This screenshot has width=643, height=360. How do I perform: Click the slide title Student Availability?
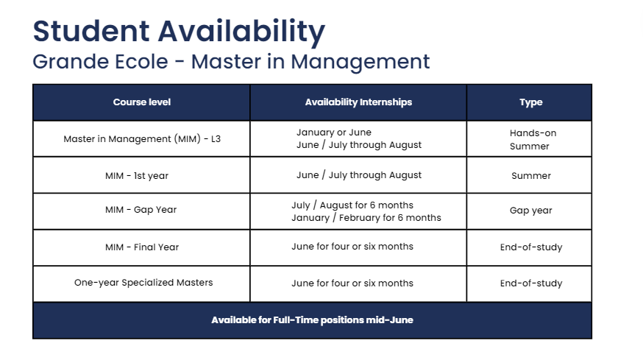tap(179, 32)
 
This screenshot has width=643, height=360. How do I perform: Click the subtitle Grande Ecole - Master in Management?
tap(231, 61)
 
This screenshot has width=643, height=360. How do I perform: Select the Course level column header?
tap(142, 102)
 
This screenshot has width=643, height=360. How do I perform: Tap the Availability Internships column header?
tap(358, 102)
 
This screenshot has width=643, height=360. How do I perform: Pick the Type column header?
tap(530, 102)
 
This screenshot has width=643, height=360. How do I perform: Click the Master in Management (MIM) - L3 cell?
tap(142, 138)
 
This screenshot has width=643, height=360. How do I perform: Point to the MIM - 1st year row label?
tap(142, 176)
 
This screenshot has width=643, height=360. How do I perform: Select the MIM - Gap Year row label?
tap(141, 210)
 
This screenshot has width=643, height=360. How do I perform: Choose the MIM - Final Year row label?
tap(142, 247)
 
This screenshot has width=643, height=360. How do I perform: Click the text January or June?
tap(334, 133)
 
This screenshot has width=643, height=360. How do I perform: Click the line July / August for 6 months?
tap(352, 205)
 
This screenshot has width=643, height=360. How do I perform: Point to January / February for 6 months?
tap(366, 218)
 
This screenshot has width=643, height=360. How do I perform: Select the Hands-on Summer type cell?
tap(530, 139)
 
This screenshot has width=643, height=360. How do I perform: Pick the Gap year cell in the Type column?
tap(530, 211)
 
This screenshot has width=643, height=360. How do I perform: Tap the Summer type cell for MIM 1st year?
tap(530, 176)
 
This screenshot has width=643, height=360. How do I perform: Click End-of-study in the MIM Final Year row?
tap(530, 247)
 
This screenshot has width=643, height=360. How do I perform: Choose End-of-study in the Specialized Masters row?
tap(530, 283)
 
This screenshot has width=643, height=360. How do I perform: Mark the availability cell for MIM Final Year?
tap(352, 247)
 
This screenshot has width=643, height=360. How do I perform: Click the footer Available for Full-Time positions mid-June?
tap(312, 320)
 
